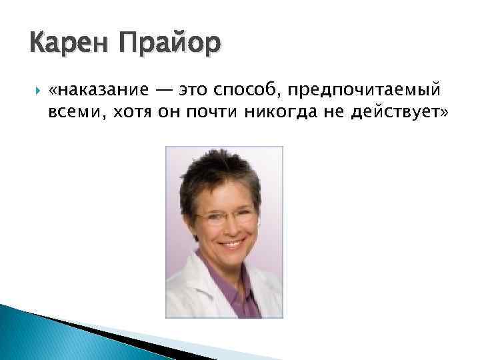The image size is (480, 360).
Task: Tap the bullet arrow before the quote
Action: click(x=35, y=89)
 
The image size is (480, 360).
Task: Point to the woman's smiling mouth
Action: click(x=231, y=244)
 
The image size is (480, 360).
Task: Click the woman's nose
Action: click(x=229, y=228)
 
